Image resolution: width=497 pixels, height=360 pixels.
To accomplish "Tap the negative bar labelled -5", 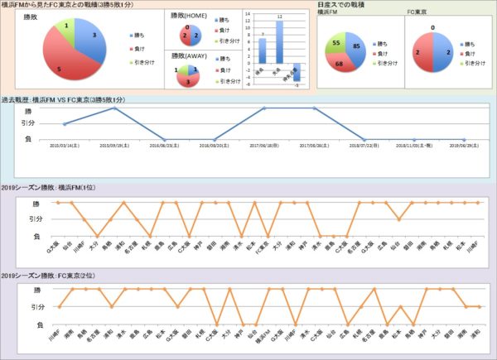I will (297, 74).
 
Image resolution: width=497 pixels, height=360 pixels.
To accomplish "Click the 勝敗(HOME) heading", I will (189, 16).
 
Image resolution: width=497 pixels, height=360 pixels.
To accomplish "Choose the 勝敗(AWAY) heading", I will (189, 56).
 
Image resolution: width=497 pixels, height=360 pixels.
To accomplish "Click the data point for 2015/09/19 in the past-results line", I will (114, 108).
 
